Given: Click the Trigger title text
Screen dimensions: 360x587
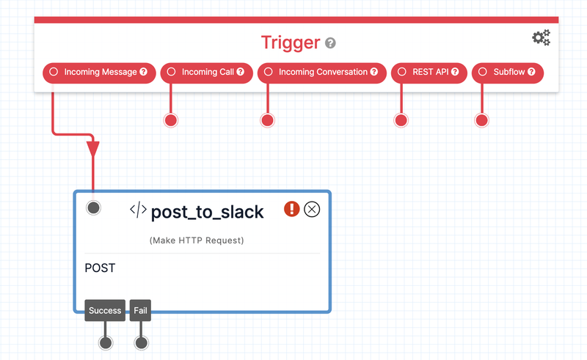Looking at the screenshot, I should point(291,43).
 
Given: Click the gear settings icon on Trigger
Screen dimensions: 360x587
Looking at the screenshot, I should point(541,38).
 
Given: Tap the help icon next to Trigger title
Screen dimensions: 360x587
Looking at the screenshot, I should point(330,43).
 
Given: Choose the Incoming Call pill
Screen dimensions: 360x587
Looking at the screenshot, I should point(206,73).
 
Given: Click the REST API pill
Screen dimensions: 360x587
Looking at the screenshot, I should point(429,73).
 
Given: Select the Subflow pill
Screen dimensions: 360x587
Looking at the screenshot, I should point(508,73).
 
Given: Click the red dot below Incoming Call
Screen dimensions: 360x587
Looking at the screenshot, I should point(171,120).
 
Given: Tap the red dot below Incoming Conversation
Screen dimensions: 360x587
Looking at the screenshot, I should point(268,120).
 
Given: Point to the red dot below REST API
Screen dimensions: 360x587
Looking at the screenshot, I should point(401,120).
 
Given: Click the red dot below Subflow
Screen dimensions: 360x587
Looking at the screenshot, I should point(482,120).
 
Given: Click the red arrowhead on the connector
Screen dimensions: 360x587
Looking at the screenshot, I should point(93,149).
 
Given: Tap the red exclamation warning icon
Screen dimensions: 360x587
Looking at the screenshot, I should point(291,210).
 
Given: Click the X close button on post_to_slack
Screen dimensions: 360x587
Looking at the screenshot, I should point(312,210).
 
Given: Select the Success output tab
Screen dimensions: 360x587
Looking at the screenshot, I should point(105,310).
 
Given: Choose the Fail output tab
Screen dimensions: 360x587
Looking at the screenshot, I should point(140,310).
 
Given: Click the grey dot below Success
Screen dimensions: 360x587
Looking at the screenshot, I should point(106,342).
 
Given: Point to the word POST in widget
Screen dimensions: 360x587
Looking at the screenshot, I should point(100,268).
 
